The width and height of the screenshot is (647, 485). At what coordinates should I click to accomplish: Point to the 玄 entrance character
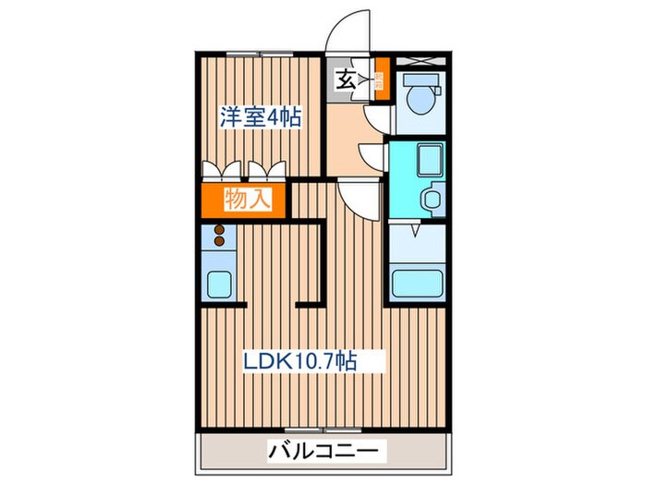pos(344,80)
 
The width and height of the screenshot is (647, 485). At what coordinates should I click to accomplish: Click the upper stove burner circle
pos(220,229)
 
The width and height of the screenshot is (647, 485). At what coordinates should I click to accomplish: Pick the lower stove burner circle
pos(220,242)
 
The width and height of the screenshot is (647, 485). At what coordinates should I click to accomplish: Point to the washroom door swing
pos(372,158)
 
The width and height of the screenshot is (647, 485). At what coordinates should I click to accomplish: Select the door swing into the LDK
pos(358,196)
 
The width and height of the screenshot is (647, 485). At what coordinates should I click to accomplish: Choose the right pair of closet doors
pos(268,169)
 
